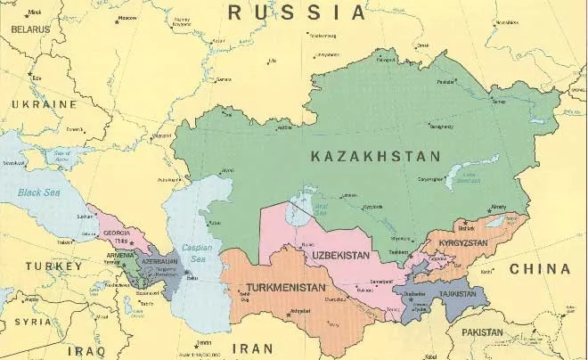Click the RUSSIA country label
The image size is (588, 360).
click(x=297, y=12)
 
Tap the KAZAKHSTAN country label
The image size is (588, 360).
click(x=375, y=156)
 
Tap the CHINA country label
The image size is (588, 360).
click(x=538, y=268)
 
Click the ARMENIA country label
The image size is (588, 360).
click(x=119, y=255)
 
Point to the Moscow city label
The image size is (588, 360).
click(x=127, y=18)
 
